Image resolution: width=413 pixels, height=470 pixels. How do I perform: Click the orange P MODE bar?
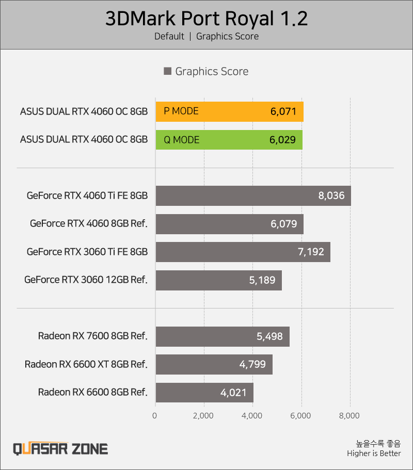(229, 111)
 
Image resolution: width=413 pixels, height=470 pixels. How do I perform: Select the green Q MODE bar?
(229, 140)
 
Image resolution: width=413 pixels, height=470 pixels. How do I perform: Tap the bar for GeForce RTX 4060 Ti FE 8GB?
(253, 196)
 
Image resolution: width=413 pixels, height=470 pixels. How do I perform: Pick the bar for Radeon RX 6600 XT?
(214, 364)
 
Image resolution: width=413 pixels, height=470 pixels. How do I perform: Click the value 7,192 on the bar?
(311, 252)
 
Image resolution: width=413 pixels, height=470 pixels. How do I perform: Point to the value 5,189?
(262, 280)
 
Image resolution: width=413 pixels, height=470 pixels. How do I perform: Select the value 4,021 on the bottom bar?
(233, 393)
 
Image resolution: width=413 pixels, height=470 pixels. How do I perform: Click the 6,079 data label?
(284, 224)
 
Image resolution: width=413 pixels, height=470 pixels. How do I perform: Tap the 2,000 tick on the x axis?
(203, 416)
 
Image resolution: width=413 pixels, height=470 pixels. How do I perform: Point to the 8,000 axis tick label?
(350, 416)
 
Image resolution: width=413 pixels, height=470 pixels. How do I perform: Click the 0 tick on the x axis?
(154, 416)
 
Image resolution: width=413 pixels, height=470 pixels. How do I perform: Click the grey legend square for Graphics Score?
(167, 71)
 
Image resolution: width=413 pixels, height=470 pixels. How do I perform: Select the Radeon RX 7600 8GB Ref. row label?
(93, 336)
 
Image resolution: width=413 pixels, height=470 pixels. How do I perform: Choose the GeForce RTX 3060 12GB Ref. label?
(86, 280)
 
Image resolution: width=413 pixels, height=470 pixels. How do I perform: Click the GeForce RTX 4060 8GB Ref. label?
(89, 223)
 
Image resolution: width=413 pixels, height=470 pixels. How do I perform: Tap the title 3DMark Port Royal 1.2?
(206, 19)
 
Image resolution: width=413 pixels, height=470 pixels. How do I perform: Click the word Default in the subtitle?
(169, 36)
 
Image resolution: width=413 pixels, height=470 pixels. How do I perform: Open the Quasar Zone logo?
(60, 449)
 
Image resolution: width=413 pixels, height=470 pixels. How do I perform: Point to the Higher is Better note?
(374, 453)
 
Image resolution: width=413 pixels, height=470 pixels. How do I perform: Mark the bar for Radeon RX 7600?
(223, 336)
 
